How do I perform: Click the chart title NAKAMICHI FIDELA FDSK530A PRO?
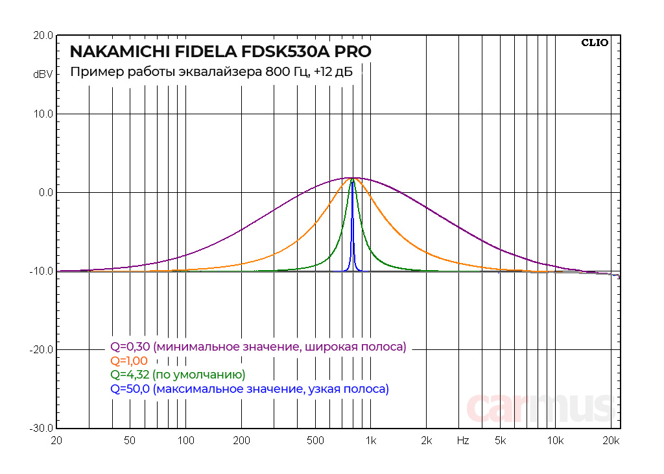(x=220, y=51)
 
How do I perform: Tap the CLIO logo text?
(x=595, y=43)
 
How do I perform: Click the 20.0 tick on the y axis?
(x=43, y=36)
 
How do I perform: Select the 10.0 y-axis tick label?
(x=43, y=114)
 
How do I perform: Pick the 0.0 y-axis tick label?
(x=45, y=193)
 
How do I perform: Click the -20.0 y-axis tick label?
(x=41, y=350)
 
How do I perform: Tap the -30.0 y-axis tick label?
(x=41, y=429)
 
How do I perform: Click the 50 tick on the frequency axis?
(x=130, y=441)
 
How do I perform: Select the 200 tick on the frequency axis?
(x=241, y=441)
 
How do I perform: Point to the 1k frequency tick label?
(x=370, y=441)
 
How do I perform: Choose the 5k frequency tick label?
(x=500, y=441)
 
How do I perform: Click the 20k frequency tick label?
(x=611, y=441)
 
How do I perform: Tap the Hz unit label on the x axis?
(x=462, y=441)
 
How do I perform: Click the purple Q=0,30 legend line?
(x=258, y=347)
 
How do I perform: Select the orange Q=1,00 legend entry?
(x=129, y=361)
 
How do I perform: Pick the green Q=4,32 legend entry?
(x=178, y=375)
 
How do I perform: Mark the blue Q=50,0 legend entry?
(x=250, y=390)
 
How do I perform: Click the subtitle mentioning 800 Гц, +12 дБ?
(x=211, y=72)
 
